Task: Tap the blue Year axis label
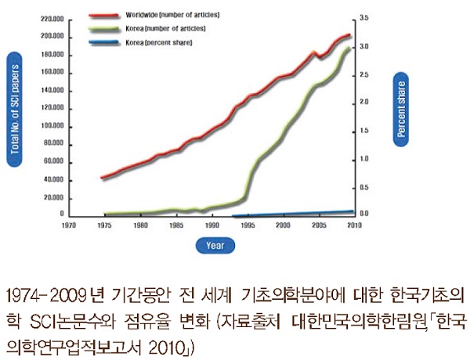click(x=215, y=245)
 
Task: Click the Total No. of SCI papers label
click(x=14, y=110)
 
